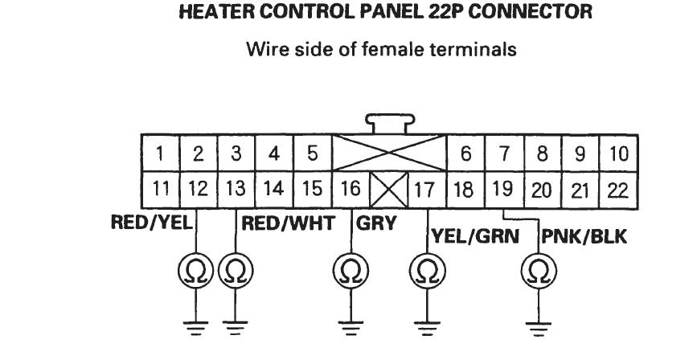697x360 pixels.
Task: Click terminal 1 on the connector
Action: click(x=161, y=153)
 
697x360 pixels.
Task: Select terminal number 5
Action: click(x=313, y=153)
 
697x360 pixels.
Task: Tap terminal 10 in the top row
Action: click(x=619, y=153)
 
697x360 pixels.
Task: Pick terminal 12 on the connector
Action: click(x=199, y=190)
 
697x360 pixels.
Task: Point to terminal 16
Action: click(x=351, y=190)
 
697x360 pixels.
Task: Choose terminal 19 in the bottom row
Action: click(x=504, y=190)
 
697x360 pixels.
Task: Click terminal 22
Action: click(x=619, y=190)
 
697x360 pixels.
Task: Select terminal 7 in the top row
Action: click(x=504, y=153)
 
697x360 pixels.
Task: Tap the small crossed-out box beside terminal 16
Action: click(x=389, y=190)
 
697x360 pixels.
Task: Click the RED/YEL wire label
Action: click(x=152, y=223)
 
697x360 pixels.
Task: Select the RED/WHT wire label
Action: click(x=288, y=223)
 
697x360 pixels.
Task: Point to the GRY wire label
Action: click(x=376, y=223)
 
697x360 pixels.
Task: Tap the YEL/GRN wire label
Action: click(x=475, y=236)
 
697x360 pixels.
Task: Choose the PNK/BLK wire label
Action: click(x=584, y=237)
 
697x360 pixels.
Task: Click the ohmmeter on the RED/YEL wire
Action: click(x=195, y=270)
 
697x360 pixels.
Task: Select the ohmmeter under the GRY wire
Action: click(x=351, y=270)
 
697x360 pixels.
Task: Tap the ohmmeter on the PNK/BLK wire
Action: click(x=539, y=271)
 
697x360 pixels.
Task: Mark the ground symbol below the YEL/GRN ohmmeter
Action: click(x=427, y=329)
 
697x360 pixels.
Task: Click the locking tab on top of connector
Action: click(x=390, y=124)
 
